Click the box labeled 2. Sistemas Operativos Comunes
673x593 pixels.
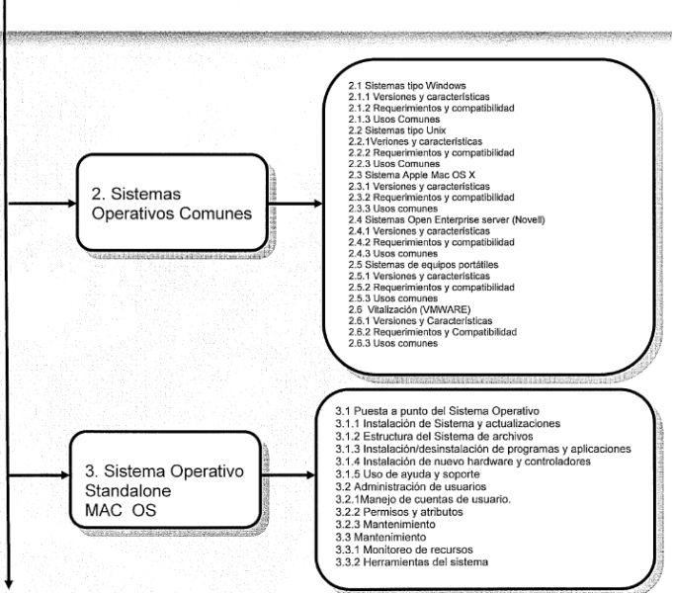[172, 203]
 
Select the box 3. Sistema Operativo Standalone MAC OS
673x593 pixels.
[165, 479]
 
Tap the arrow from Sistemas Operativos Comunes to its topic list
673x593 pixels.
[295, 204]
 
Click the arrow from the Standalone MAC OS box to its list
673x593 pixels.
[288, 475]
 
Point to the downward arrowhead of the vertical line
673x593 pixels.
[8, 586]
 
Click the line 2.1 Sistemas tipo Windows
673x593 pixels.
[407, 85]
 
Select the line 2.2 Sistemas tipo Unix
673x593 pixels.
[397, 130]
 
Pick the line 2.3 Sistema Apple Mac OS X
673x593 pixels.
[412, 175]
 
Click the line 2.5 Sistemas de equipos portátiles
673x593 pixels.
[423, 265]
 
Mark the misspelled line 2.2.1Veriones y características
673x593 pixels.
[415, 141]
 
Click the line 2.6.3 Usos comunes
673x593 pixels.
[392, 343]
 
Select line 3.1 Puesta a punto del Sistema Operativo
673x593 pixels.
[438, 411]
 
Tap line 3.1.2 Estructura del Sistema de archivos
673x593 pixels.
[434, 436]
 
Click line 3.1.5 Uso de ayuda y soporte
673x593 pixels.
[407, 474]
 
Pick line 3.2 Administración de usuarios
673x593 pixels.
[411, 486]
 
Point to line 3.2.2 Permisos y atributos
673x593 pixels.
[399, 512]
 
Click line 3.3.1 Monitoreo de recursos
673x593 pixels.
[404, 550]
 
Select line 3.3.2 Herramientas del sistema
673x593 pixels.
[412, 562]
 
